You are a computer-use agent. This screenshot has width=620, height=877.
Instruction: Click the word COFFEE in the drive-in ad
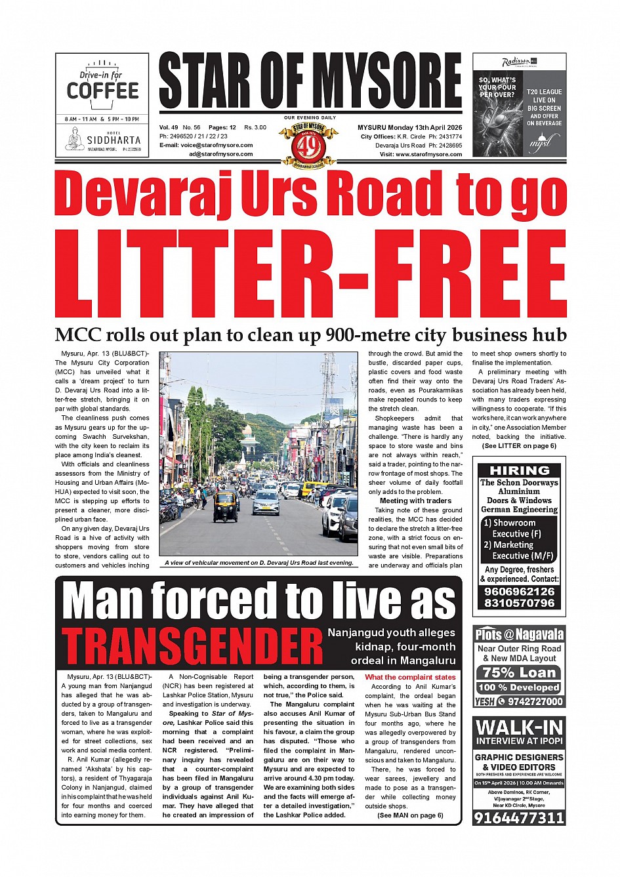pos(102,91)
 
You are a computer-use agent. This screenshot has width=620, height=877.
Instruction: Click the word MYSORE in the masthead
pos(386,81)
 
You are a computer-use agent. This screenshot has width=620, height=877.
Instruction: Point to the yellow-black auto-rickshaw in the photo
pos(225,506)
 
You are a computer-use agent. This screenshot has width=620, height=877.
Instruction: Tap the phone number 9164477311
pos(519,817)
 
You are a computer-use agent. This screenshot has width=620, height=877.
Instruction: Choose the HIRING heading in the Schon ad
pos(520,470)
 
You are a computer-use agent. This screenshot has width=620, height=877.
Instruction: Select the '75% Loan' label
pos(519,672)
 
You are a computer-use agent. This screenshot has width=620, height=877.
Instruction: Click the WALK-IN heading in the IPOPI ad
pos(519,727)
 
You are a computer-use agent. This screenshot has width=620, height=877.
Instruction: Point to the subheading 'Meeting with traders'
pos(415,500)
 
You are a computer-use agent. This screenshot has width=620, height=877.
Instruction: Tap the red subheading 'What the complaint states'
pos(410,677)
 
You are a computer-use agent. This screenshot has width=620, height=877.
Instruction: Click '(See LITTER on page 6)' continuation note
pos(519,445)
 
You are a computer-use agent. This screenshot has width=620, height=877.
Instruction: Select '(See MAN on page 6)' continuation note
pos(410,815)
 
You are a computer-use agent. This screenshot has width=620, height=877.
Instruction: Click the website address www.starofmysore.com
pos(430,154)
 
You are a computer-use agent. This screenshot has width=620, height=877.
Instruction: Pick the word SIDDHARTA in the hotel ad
pos(114,140)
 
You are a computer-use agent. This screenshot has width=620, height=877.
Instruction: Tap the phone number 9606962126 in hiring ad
pos(519,591)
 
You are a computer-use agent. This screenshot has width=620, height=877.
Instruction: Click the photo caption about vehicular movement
pos(259,562)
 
